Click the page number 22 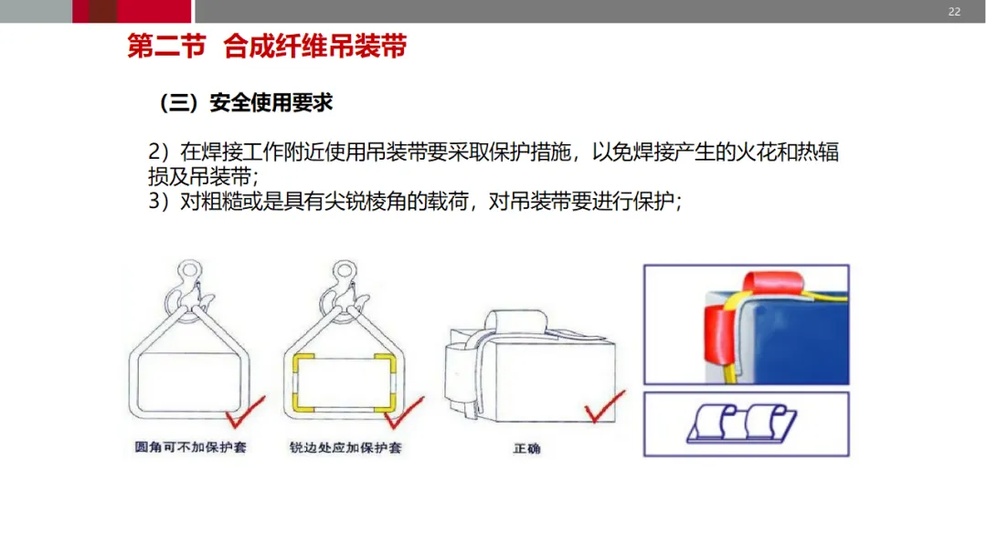(x=955, y=11)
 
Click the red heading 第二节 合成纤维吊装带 (x=267, y=47)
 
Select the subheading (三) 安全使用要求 (x=245, y=102)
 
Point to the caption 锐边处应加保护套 (x=345, y=447)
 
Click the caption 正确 (x=527, y=448)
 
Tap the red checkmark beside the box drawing (x=604, y=405)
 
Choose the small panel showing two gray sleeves (x=746, y=424)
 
